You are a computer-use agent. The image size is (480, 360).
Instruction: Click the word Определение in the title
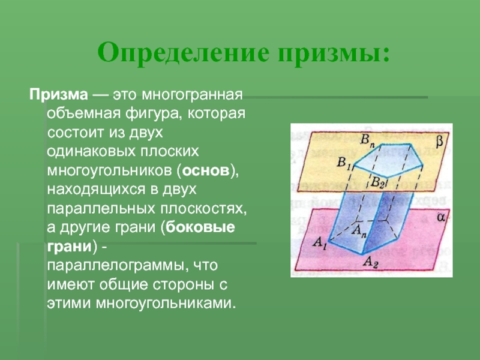tap(184, 53)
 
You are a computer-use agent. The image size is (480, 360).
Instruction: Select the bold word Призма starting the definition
tap(59, 95)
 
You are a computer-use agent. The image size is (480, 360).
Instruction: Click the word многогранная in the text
tap(192, 95)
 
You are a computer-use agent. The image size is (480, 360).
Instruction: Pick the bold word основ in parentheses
tap(206, 171)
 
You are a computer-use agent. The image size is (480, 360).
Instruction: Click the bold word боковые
tap(200, 227)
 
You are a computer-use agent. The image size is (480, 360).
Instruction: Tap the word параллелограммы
tap(116, 265)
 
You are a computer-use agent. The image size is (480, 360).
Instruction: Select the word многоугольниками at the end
tap(166, 304)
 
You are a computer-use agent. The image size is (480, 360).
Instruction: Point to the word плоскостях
tap(203, 208)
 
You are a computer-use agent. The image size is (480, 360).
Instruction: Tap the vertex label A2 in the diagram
tap(371, 263)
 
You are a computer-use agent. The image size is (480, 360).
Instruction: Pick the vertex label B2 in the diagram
tap(377, 182)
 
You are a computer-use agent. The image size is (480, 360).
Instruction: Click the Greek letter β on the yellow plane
tap(439, 142)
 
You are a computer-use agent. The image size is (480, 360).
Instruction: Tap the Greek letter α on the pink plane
tap(441, 217)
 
